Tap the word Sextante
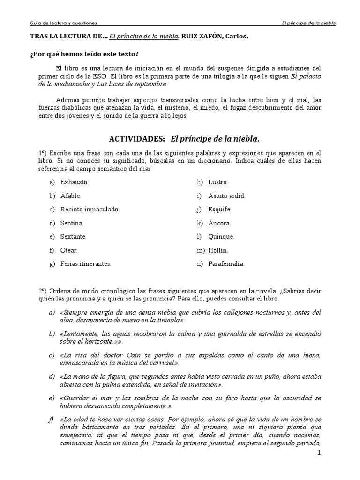(x=73, y=237)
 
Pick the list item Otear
(x=69, y=250)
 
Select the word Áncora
(x=220, y=223)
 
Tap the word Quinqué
(x=221, y=237)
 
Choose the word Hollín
(x=219, y=250)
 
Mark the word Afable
(x=71, y=195)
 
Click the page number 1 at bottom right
(x=319, y=453)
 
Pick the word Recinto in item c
(x=71, y=209)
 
